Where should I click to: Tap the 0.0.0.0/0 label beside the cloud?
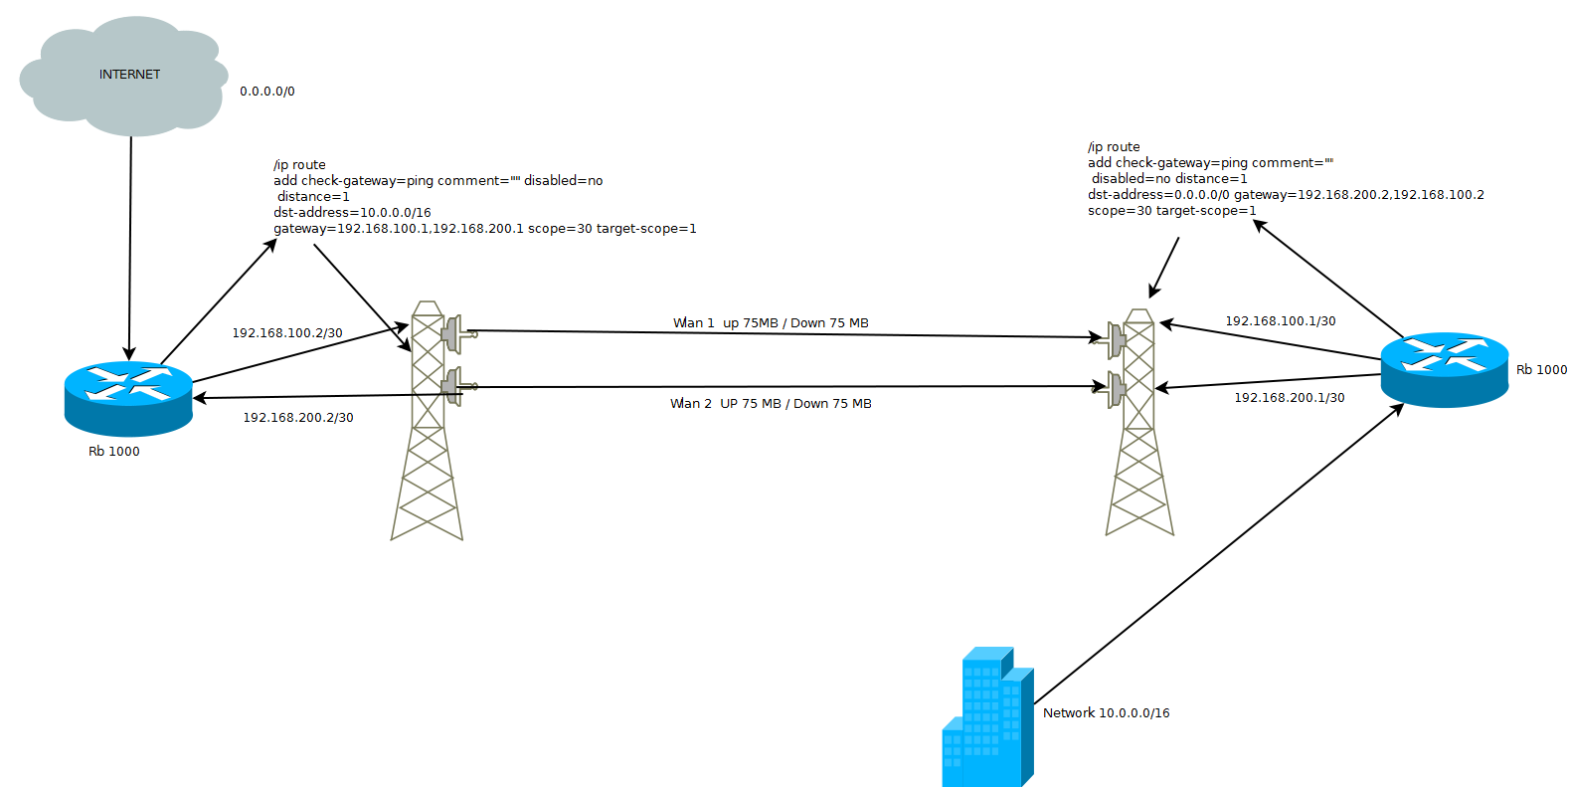(266, 92)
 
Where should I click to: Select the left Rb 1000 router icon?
(128, 399)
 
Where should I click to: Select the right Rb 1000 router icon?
(1444, 370)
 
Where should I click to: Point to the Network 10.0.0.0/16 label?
(1106, 713)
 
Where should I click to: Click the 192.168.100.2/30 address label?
(287, 333)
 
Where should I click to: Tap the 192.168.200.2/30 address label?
(298, 418)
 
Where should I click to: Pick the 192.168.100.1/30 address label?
(1280, 321)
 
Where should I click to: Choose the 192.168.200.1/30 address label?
(1289, 398)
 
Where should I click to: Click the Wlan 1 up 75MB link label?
(771, 323)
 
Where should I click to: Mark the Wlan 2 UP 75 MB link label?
(771, 404)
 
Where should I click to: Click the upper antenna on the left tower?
(455, 333)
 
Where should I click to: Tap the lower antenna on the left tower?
(455, 385)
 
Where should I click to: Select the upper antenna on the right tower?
(1116, 340)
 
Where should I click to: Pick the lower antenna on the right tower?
(1116, 388)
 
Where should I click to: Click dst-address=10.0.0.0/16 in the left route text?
(352, 213)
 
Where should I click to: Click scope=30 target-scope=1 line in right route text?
(1171, 211)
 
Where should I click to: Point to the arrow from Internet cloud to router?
(130, 249)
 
